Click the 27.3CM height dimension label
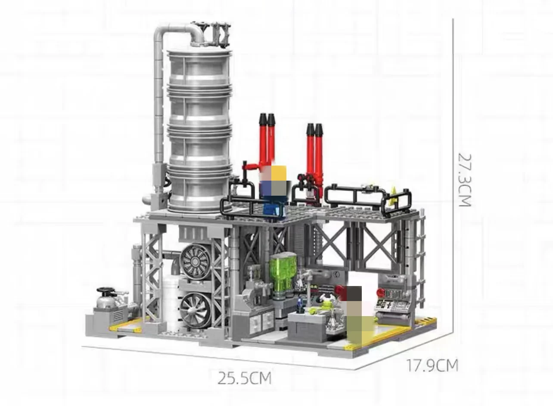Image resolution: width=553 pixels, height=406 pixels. point(465,180)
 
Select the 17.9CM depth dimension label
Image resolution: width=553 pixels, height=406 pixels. point(432,366)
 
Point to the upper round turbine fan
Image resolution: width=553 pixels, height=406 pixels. point(196,261)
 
